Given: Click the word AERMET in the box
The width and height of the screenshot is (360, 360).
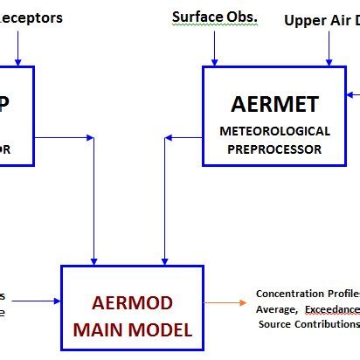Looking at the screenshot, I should [x=275, y=105].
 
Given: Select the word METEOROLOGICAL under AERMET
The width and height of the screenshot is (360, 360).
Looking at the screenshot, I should [x=275, y=131].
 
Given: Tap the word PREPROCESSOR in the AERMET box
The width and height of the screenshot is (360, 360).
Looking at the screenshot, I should [x=275, y=149].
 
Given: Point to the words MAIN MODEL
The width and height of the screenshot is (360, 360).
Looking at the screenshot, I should [x=128, y=331].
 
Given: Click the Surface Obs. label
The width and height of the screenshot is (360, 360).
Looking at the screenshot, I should [x=214, y=17].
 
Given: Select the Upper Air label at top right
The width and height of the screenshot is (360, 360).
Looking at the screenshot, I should [x=322, y=20].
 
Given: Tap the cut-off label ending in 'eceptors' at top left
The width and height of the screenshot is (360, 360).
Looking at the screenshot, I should [x=31, y=17].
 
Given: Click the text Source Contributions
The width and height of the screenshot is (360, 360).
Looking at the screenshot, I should [x=308, y=324].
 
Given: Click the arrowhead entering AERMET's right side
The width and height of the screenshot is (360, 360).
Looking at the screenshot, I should [x=351, y=93].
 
